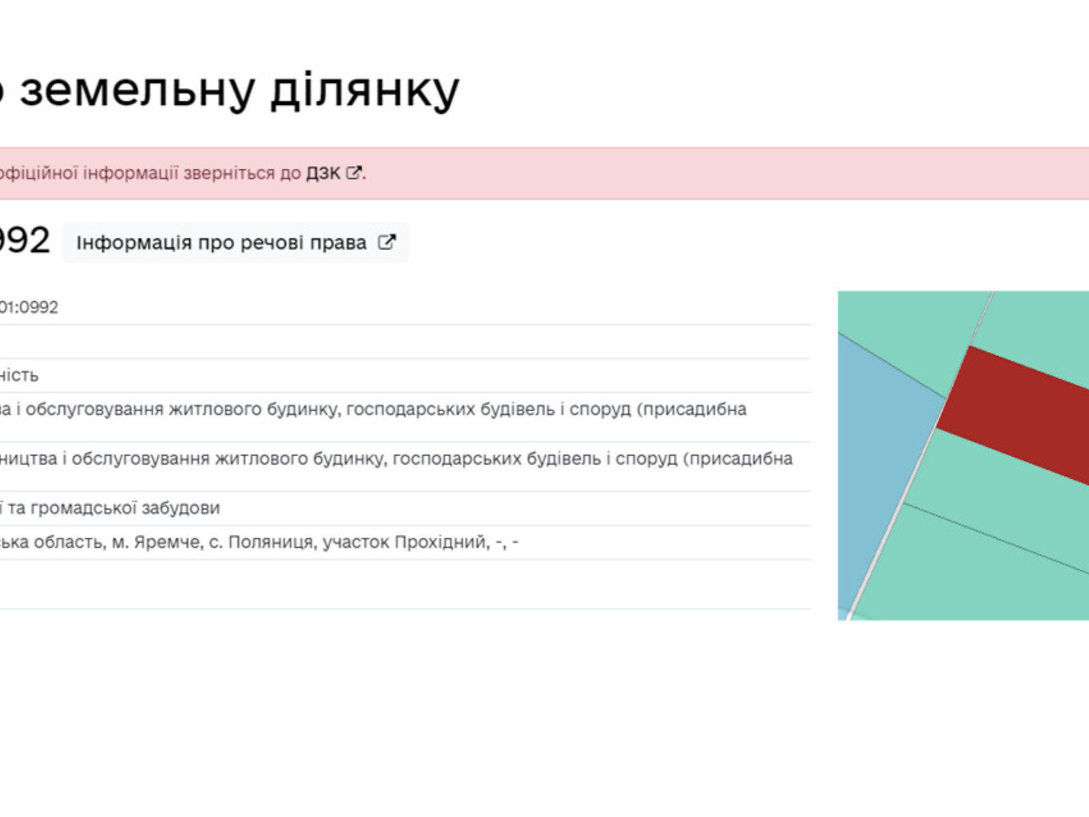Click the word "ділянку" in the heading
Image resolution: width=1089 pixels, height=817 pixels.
tap(365, 91)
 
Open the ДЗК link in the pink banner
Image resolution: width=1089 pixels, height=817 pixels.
tap(323, 173)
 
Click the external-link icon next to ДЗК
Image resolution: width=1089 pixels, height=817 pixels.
tap(353, 173)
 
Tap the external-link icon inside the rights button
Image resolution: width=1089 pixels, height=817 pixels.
tap(386, 242)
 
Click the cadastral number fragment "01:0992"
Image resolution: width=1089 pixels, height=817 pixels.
tap(29, 308)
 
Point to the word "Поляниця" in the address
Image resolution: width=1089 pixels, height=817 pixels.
tap(270, 543)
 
